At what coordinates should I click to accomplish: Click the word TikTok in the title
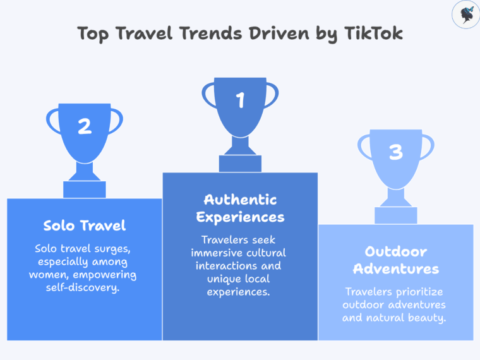tap(373, 33)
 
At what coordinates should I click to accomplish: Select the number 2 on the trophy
tap(85, 126)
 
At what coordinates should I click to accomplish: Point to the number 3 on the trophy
tap(395, 152)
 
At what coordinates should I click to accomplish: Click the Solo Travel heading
tap(85, 225)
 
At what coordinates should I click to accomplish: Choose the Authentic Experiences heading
tap(240, 208)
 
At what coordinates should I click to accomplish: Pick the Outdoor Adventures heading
tap(396, 260)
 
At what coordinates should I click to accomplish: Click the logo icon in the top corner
tap(466, 15)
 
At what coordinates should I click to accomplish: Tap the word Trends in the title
tap(204, 33)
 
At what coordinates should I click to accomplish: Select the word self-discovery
tap(85, 287)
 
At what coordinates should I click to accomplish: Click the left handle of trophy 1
tap(208, 95)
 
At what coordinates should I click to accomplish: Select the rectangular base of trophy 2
tap(85, 189)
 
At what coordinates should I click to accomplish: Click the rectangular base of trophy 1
tap(240, 164)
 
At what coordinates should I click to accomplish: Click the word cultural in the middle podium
tap(265, 253)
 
